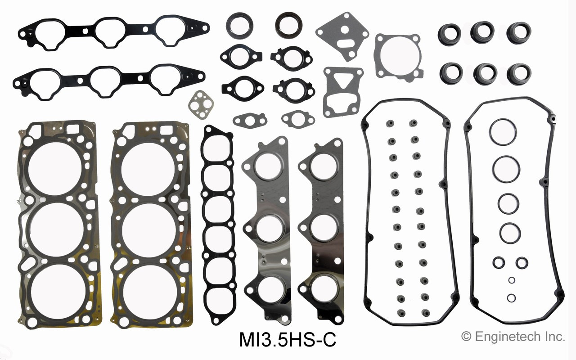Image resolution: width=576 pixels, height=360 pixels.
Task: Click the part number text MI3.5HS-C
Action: [x=288, y=339]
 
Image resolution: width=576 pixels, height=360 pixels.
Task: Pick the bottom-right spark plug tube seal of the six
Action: [x=518, y=73]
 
